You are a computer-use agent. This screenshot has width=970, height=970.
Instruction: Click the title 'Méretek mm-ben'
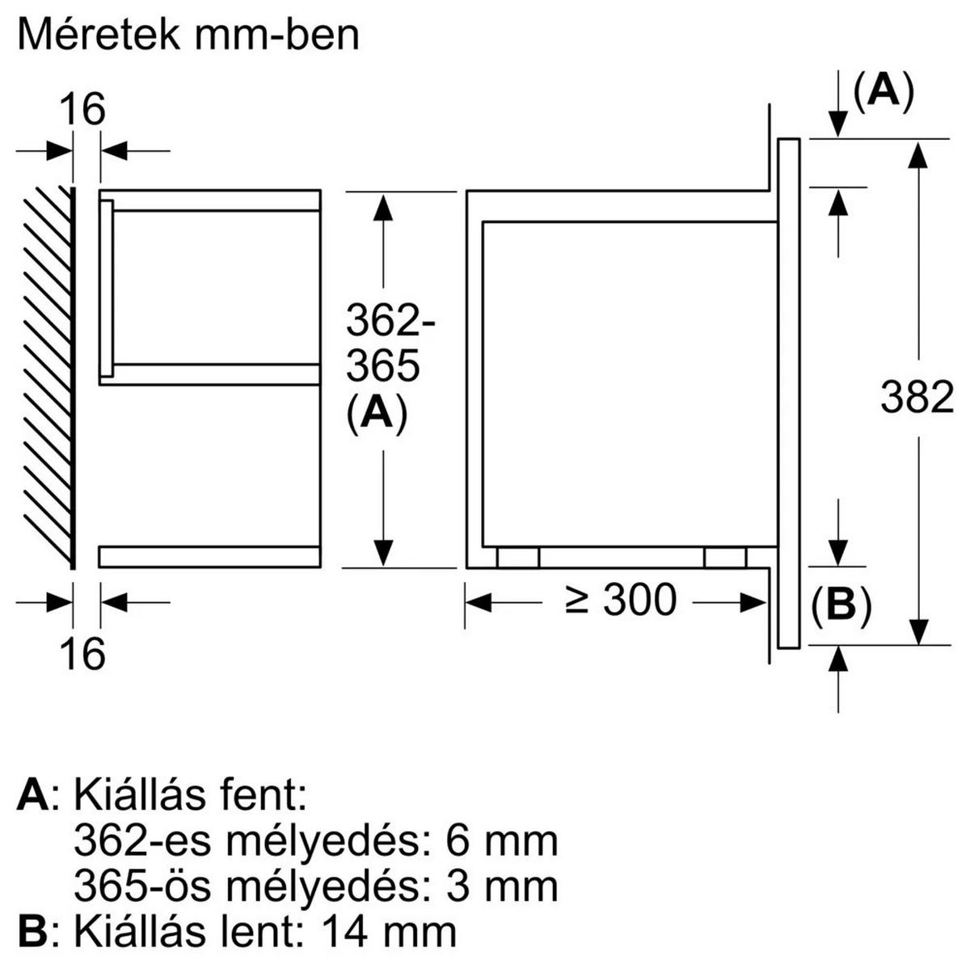click(188, 36)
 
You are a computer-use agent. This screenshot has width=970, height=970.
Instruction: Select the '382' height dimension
click(917, 399)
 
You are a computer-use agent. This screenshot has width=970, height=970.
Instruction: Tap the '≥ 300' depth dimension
click(620, 601)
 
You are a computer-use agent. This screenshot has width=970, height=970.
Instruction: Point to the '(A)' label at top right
click(883, 91)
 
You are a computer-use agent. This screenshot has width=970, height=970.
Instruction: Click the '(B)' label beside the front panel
click(841, 606)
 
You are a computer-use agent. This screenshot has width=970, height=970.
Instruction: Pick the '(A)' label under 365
click(376, 415)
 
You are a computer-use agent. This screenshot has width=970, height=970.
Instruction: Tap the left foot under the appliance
click(517, 558)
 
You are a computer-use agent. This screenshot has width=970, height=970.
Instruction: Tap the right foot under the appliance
click(725, 558)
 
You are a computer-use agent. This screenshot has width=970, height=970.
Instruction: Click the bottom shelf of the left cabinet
click(209, 556)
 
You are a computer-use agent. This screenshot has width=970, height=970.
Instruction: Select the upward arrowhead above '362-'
click(383, 208)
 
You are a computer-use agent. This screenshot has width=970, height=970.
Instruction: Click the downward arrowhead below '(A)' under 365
click(383, 552)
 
